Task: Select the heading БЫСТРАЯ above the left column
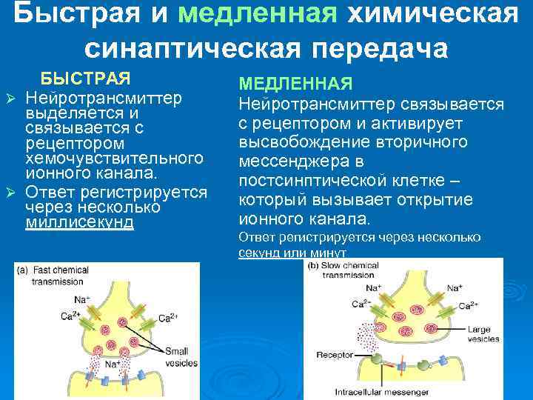point(85,79)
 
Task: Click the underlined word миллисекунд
point(80,223)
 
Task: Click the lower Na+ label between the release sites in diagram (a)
point(112,364)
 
